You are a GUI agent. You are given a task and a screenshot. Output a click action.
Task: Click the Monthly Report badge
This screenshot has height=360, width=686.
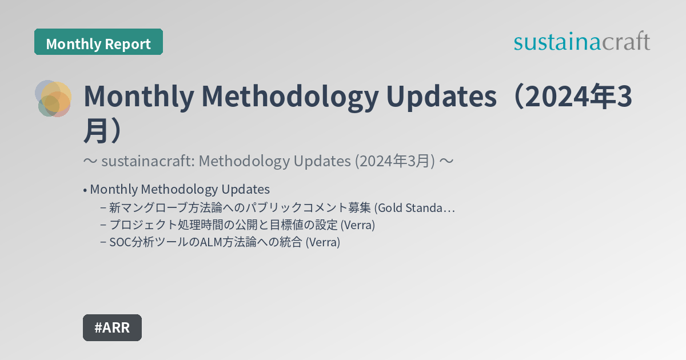[98, 43]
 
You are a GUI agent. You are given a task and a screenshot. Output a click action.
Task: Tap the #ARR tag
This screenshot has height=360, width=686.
[112, 327]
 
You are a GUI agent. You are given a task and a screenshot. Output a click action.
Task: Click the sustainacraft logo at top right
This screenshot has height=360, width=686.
[581, 42]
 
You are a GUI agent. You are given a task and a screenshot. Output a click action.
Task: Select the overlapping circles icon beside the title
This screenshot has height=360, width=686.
[53, 98]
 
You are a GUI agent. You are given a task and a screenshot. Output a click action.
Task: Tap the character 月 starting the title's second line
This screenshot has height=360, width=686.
[95, 130]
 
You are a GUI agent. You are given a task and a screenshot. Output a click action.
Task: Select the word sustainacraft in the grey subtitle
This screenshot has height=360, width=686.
[146, 162]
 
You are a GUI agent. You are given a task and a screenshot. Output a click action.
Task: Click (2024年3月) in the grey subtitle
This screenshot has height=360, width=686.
[394, 162]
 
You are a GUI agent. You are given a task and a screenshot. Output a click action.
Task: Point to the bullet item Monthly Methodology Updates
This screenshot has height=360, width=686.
[180, 189]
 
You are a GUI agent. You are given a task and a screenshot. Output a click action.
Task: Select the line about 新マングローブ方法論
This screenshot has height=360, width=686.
[240, 207]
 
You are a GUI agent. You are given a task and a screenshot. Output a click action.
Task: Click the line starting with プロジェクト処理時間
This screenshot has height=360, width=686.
[223, 225]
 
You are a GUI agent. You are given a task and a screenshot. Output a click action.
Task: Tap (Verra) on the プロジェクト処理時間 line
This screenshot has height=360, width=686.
[358, 225]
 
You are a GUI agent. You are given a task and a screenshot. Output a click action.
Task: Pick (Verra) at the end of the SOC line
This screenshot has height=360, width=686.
[323, 242]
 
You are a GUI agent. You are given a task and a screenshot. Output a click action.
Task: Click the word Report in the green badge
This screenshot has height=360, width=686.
[129, 43]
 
